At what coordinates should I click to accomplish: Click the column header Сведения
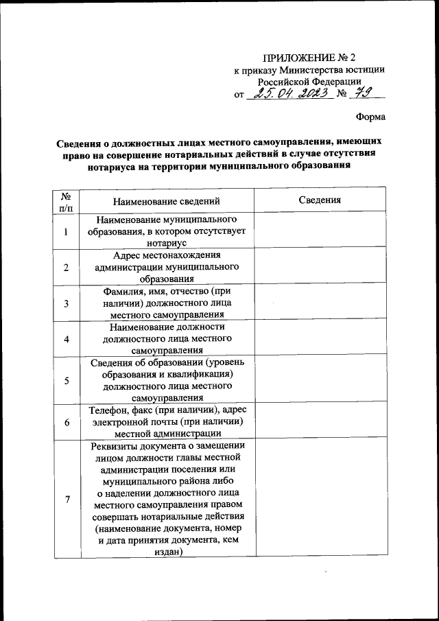[320, 200]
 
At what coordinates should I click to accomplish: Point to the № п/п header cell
[66, 200]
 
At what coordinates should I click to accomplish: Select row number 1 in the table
[66, 232]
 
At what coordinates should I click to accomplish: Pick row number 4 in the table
[66, 339]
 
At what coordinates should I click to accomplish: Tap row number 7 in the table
[66, 500]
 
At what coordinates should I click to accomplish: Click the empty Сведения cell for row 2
[320, 267]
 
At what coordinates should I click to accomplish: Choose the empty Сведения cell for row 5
[320, 380]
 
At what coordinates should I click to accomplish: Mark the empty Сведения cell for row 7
[320, 500]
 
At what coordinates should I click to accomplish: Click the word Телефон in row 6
[108, 410]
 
